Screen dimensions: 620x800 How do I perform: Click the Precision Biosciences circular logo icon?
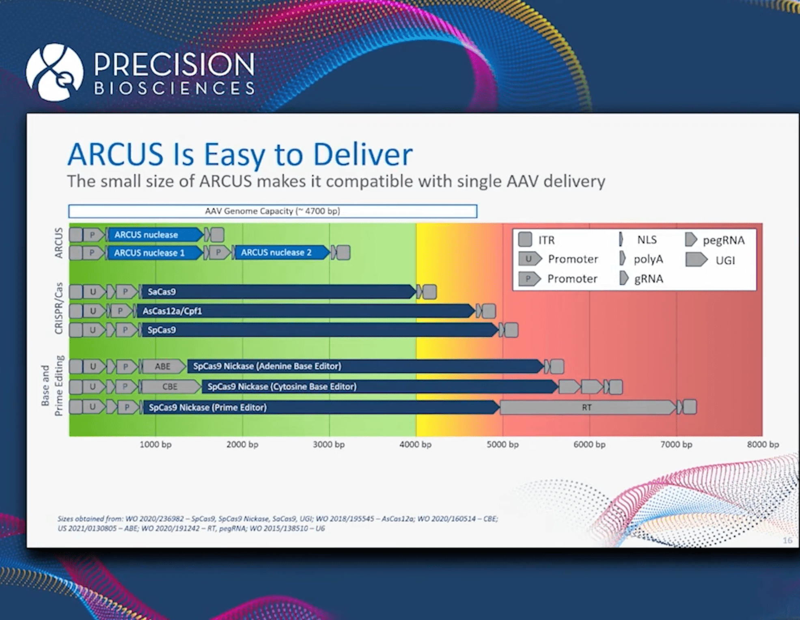(x=54, y=72)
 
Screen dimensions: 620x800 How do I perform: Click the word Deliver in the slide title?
(x=362, y=155)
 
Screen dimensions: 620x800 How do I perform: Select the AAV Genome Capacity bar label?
(x=272, y=211)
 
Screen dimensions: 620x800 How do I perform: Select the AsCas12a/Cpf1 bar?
(x=304, y=311)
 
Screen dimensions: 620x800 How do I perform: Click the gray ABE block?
(x=163, y=366)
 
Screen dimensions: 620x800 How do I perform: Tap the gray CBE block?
(x=170, y=387)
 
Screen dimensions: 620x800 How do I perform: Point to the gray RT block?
(x=587, y=407)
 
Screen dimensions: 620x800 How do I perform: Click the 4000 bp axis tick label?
(x=415, y=445)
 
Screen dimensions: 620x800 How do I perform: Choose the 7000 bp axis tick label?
(x=676, y=445)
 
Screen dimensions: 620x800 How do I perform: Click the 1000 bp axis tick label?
(x=155, y=445)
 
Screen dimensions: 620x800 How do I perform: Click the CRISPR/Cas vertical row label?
(x=59, y=308)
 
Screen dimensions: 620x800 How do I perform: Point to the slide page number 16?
(x=787, y=540)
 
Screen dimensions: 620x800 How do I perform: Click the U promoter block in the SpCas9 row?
(x=93, y=330)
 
